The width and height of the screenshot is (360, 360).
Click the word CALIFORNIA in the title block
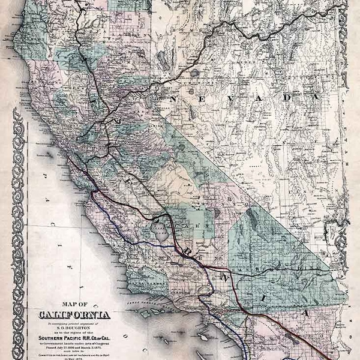(x=74, y=314)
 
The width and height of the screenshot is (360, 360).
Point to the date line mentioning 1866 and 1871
(x=74, y=347)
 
